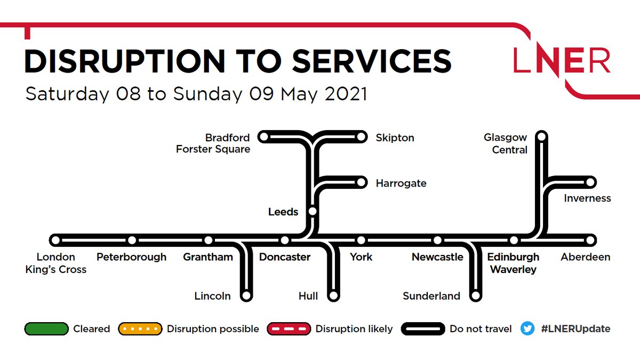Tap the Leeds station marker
313,212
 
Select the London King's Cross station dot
55,240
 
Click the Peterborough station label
131,257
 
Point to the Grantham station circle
209,240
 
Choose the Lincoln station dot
246,295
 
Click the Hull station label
308,296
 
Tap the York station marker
361,240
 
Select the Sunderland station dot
475,295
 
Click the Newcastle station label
437,257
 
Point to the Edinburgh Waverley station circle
514,240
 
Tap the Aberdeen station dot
590,240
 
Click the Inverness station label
587,198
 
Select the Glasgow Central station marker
542,137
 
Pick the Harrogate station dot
361,183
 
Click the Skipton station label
395,138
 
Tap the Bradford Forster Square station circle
263,137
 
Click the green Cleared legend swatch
46,329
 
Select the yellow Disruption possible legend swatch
140,329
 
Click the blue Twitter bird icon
527,329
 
